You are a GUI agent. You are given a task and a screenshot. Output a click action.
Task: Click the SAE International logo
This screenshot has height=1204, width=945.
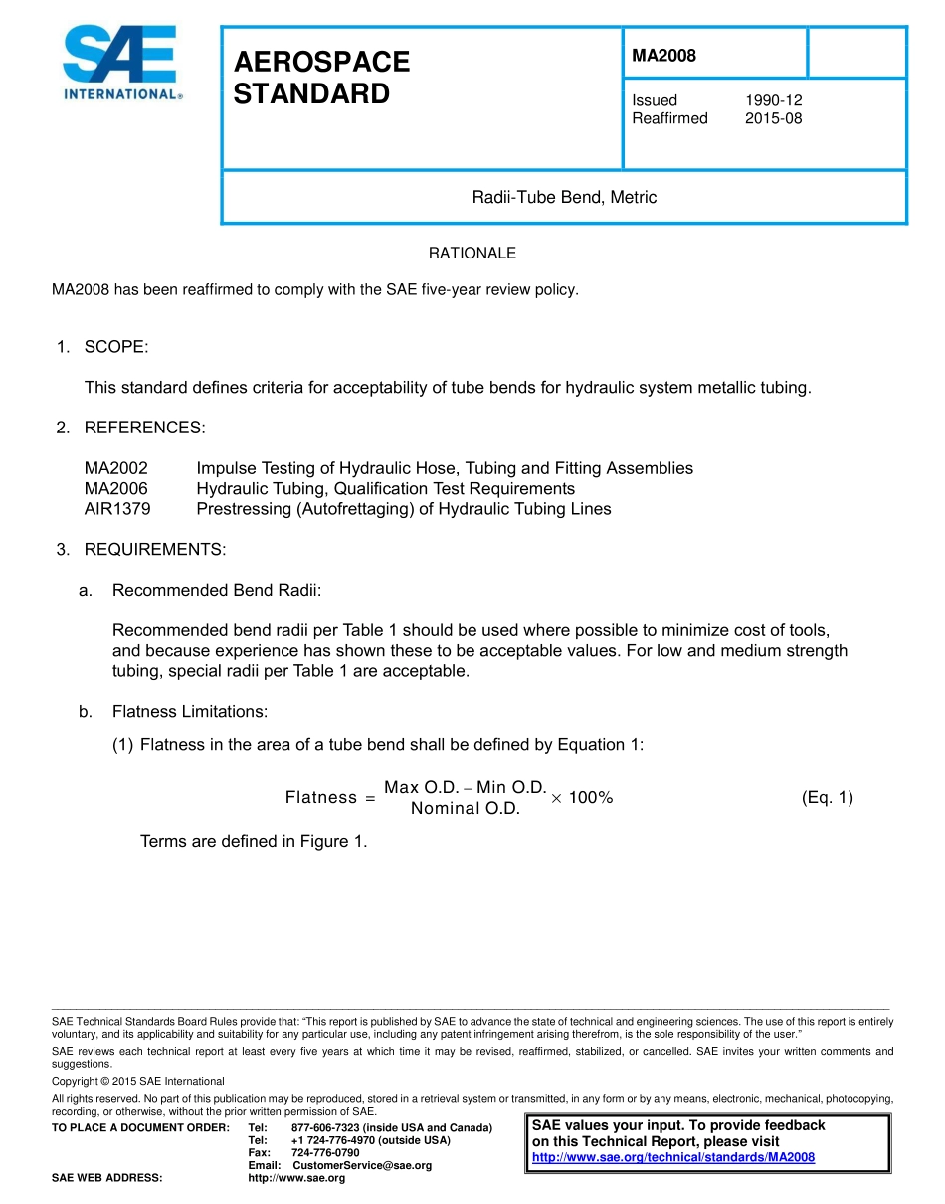pyautogui.click(x=121, y=63)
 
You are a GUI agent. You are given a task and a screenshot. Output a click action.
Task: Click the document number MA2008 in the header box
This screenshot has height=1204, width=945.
pyautogui.click(x=663, y=56)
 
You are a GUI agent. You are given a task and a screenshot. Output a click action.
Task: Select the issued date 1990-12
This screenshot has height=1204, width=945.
pyautogui.click(x=773, y=100)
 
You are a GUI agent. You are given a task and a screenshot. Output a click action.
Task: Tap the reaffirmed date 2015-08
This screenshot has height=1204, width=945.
pyautogui.click(x=773, y=118)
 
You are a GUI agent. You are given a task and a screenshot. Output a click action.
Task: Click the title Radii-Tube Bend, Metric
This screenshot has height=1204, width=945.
pyautogui.click(x=564, y=197)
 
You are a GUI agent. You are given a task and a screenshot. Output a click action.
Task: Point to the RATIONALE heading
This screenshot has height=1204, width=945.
pyautogui.click(x=472, y=254)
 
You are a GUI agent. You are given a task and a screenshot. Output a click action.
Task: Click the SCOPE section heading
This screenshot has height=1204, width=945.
pyautogui.click(x=115, y=347)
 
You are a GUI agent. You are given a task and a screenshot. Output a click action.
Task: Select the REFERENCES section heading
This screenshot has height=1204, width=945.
pyautogui.click(x=144, y=428)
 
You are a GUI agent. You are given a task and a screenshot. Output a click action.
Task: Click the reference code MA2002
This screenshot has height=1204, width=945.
pyautogui.click(x=116, y=468)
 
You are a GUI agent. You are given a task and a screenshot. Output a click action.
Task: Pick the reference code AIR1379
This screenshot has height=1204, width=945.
pyautogui.click(x=117, y=509)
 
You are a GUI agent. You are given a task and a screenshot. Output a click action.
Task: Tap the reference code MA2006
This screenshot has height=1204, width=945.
pyautogui.click(x=116, y=489)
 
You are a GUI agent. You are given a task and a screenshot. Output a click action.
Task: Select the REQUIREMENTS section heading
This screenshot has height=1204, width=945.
pyautogui.click(x=154, y=550)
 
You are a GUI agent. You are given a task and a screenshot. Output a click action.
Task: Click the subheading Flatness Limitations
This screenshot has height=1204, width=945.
pyautogui.click(x=189, y=712)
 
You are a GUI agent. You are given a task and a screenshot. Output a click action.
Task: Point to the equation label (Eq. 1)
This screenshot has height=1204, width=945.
pyautogui.click(x=827, y=797)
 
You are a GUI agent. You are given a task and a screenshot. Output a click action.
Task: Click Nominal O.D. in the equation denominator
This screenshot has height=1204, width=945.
pyautogui.click(x=466, y=809)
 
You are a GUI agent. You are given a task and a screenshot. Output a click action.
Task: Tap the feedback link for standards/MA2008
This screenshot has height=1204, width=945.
pyautogui.click(x=673, y=1157)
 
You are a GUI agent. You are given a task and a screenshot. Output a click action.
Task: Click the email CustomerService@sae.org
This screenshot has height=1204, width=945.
pyautogui.click(x=362, y=1165)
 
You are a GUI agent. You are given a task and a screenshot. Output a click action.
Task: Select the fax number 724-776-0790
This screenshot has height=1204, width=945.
pyautogui.click(x=325, y=1152)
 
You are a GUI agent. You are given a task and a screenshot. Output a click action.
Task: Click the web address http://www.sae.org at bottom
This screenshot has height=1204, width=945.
pyautogui.click(x=296, y=1178)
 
